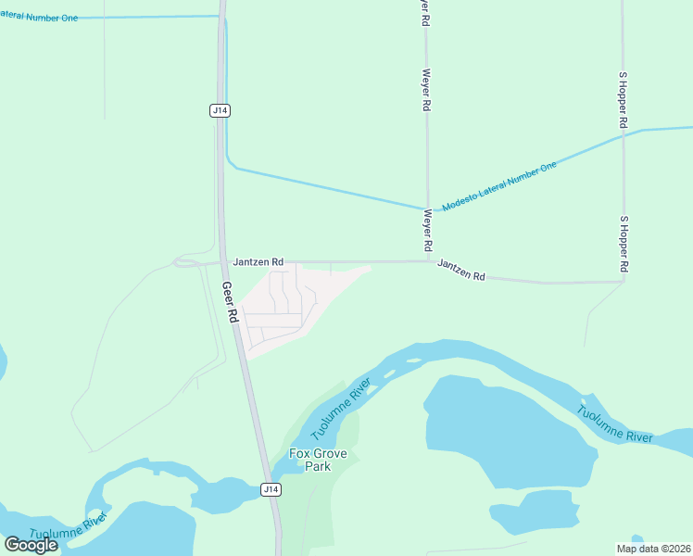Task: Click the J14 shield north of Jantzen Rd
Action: [x=220, y=110]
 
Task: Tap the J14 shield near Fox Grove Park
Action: [x=270, y=488]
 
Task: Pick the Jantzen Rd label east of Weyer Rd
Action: [x=461, y=270]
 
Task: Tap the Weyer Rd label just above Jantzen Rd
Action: [x=427, y=231]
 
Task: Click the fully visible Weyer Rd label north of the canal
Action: [x=426, y=90]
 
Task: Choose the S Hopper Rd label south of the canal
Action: [x=624, y=243]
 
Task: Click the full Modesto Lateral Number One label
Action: [x=499, y=185]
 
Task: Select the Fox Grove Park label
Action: [x=311, y=460]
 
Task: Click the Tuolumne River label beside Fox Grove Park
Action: [x=341, y=409]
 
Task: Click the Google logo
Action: [x=31, y=544]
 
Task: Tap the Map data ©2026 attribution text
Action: [x=653, y=549]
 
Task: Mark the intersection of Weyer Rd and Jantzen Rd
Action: [x=427, y=261]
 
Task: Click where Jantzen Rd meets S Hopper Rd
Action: [x=624, y=281]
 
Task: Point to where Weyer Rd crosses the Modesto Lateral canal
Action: [x=427, y=208]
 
